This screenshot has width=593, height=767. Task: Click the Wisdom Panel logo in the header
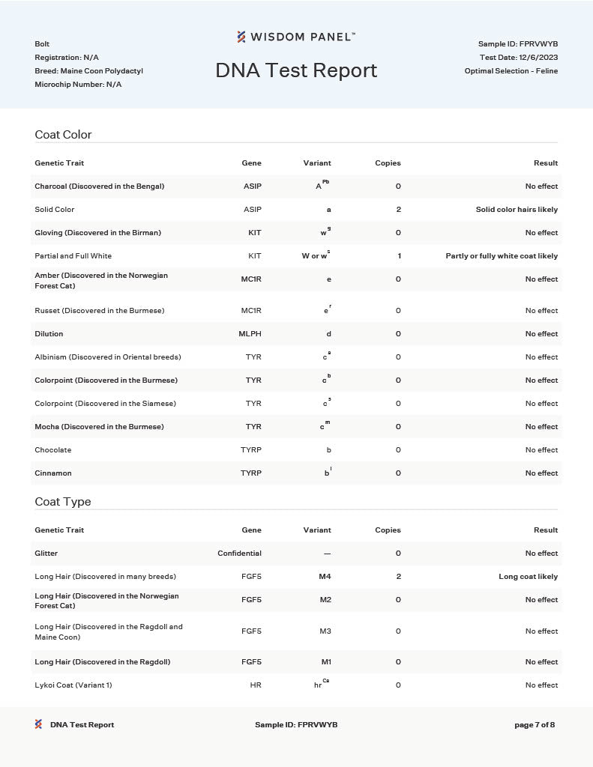tap(296, 37)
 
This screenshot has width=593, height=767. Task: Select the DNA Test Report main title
tap(296, 70)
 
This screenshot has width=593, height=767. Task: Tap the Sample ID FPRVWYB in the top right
tap(517, 44)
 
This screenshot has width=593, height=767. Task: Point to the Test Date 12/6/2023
tap(519, 58)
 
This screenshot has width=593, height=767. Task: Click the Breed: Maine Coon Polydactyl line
tap(88, 71)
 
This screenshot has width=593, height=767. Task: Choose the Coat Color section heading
tap(63, 135)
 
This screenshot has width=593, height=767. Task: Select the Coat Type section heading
tap(62, 502)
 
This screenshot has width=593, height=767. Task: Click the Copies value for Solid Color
tap(398, 210)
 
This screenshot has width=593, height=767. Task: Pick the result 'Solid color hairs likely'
tap(517, 210)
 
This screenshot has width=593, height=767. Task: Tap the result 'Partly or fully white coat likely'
tap(502, 256)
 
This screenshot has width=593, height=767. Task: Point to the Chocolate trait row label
tap(53, 450)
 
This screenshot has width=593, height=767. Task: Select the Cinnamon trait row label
tap(53, 473)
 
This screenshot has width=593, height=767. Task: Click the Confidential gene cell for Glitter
tap(239, 554)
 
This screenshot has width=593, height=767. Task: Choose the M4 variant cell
tap(324, 577)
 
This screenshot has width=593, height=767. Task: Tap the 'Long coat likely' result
tap(528, 577)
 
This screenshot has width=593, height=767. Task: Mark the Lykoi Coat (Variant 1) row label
tap(73, 685)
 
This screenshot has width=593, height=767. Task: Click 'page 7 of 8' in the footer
tap(535, 725)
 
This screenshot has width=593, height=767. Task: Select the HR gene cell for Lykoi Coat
tap(256, 685)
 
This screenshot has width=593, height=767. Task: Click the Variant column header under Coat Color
tap(317, 163)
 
